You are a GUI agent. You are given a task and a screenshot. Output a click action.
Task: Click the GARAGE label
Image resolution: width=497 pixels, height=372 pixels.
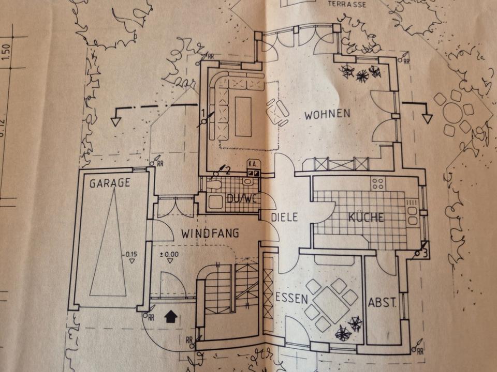click(109, 183)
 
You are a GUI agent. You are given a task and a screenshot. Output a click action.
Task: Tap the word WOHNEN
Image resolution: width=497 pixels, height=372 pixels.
click(327, 114)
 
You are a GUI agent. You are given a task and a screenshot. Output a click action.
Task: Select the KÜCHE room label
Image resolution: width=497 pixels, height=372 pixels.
click(366, 218)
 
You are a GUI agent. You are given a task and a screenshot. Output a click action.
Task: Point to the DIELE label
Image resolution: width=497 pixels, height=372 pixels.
click(285, 218)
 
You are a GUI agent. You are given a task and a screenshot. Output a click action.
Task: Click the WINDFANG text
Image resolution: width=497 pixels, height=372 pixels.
click(210, 234)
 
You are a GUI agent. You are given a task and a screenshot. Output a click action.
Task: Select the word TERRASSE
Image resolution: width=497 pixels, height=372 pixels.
click(347, 4)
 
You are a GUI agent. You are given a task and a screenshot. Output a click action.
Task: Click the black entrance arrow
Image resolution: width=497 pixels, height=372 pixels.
click(169, 316)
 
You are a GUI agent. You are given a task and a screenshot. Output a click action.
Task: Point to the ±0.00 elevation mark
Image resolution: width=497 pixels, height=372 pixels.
click(169, 254)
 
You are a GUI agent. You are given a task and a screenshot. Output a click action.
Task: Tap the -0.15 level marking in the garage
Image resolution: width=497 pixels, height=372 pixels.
click(131, 255)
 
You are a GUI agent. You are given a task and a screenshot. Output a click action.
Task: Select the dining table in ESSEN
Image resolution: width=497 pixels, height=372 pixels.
click(331, 304)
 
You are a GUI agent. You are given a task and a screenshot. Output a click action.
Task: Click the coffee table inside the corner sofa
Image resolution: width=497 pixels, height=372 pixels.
click(243, 117)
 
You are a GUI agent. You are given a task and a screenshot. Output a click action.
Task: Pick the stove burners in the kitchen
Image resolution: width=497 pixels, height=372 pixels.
click(377, 183)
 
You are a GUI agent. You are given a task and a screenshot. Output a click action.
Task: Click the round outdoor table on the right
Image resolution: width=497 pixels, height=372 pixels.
click(454, 114)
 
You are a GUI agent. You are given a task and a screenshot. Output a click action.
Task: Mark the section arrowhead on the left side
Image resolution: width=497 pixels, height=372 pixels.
click(115, 121)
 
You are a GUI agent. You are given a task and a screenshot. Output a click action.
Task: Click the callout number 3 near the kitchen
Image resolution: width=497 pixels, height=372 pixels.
click(424, 253)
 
